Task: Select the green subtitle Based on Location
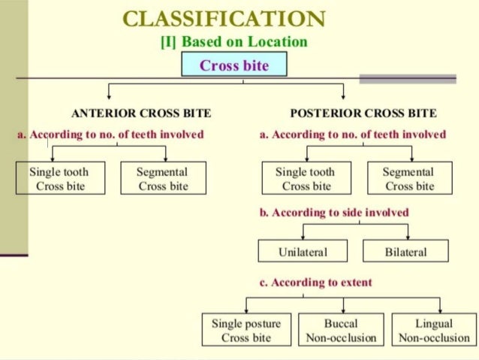point(234,42)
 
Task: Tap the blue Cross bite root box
point(234,65)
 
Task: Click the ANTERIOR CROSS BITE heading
point(141,113)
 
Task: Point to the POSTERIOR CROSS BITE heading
point(363,113)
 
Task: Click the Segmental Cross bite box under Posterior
point(410,179)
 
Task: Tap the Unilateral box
point(303,251)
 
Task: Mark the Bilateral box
point(406,251)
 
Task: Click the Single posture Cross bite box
point(246,330)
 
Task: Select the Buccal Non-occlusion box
point(341,330)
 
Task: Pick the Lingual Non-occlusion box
point(434,330)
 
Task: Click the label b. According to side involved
point(334,213)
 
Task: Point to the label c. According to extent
point(315,283)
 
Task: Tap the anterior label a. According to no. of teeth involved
point(110,135)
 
